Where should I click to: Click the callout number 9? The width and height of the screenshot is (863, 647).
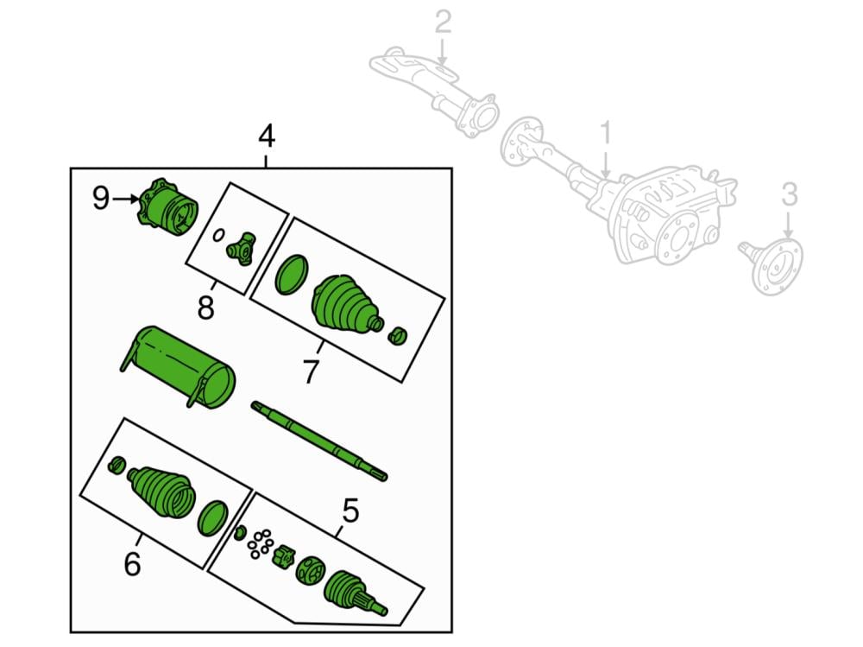[x=101, y=200]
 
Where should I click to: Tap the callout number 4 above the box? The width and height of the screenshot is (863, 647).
[x=266, y=136]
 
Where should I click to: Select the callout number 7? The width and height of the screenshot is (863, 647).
[x=310, y=372]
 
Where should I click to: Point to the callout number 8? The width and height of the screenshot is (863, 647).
[x=205, y=308]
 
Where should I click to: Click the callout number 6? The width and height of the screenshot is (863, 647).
[x=131, y=564]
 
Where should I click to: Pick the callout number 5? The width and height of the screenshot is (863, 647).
[x=350, y=511]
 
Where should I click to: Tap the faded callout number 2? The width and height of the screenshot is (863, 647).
[x=443, y=22]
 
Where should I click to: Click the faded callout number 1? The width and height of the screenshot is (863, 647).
[x=605, y=134]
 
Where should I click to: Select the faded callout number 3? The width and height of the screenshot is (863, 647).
[x=790, y=196]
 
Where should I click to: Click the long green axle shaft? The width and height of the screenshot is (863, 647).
[x=318, y=440]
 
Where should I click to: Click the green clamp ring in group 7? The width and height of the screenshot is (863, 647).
[x=291, y=274]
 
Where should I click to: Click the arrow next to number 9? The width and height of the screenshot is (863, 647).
[x=127, y=199]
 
